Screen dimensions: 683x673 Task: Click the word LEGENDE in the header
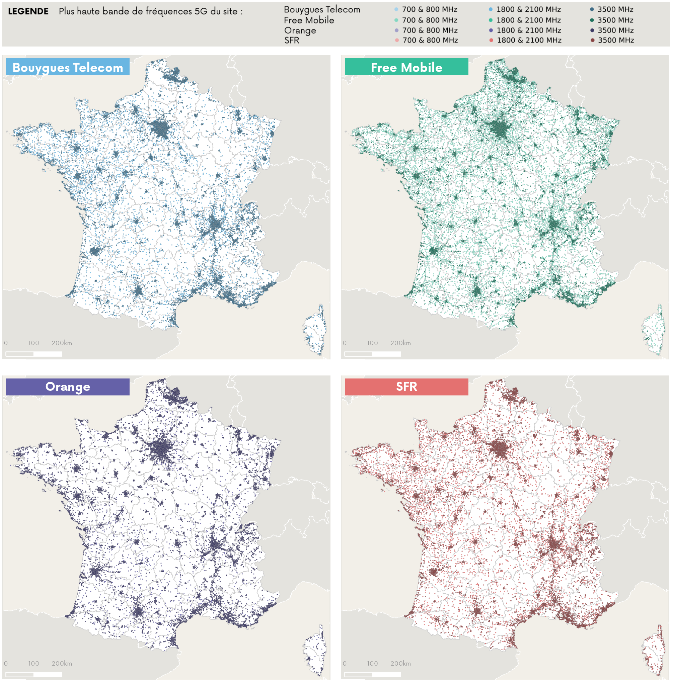(x=28, y=11)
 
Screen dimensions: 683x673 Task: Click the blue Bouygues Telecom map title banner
(x=68, y=67)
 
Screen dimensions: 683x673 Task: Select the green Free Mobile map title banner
(x=406, y=67)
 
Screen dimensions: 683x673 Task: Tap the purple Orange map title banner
(x=68, y=387)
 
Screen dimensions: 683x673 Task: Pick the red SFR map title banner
(x=406, y=387)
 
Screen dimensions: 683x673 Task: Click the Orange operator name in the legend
(x=300, y=30)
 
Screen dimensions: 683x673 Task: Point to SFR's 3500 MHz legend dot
(x=592, y=40)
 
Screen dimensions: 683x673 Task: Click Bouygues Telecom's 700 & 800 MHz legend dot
(x=396, y=10)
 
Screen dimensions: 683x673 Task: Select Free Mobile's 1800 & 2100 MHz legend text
(x=528, y=20)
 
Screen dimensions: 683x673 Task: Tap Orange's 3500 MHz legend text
(x=615, y=30)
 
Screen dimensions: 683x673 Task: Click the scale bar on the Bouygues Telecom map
(x=34, y=354)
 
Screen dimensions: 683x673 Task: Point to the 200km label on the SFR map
(x=400, y=663)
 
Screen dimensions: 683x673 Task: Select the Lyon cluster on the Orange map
(x=215, y=544)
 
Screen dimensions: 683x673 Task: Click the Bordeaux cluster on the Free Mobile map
(x=434, y=251)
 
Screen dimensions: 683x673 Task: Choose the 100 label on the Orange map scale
(x=33, y=663)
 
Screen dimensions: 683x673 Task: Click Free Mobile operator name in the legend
(x=309, y=20)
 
